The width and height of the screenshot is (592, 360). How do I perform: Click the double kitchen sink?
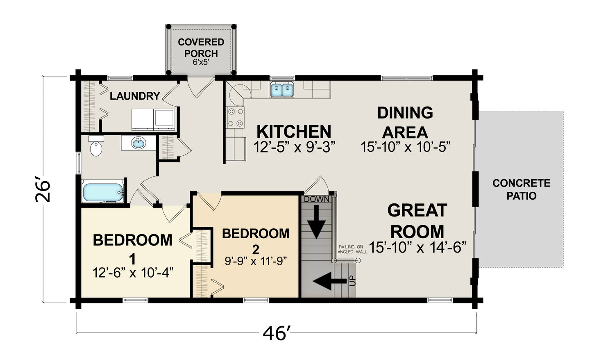click(x=282, y=90)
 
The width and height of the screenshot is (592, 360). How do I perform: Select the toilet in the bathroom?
click(x=96, y=146)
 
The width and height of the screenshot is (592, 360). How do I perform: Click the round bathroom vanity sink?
click(x=138, y=143)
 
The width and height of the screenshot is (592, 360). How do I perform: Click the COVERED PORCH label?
click(x=201, y=48)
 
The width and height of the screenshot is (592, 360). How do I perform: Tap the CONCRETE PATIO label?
click(x=522, y=189)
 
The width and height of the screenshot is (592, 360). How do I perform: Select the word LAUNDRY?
click(x=135, y=96)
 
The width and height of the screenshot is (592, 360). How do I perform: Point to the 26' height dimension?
click(x=43, y=191)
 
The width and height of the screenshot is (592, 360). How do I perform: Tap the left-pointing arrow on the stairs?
click(x=329, y=281)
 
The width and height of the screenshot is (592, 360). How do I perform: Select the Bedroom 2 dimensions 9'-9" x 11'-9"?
click(x=256, y=261)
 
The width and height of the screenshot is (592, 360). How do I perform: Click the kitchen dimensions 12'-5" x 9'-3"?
click(x=294, y=147)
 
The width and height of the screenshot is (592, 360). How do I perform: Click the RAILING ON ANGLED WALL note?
click(x=352, y=249)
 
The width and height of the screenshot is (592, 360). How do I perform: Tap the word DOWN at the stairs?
click(x=317, y=199)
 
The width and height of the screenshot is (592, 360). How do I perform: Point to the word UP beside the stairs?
click(x=353, y=281)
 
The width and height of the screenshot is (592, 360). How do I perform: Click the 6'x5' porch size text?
click(x=201, y=62)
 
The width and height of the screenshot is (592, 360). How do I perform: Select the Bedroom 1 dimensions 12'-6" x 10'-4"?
click(x=133, y=272)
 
